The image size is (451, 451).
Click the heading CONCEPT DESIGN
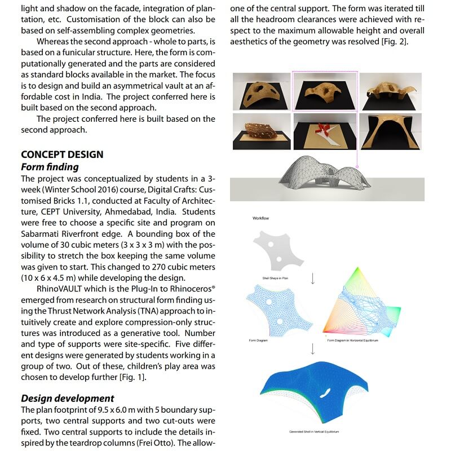pos(62,154)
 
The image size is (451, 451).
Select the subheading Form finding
pos(50,167)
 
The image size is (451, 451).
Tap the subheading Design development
pos(67,398)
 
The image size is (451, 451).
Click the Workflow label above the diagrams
pos(262,218)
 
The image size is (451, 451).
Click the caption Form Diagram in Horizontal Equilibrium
pos(353,340)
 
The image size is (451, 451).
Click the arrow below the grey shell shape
pos(313,279)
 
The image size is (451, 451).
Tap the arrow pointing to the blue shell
pos(313,350)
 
